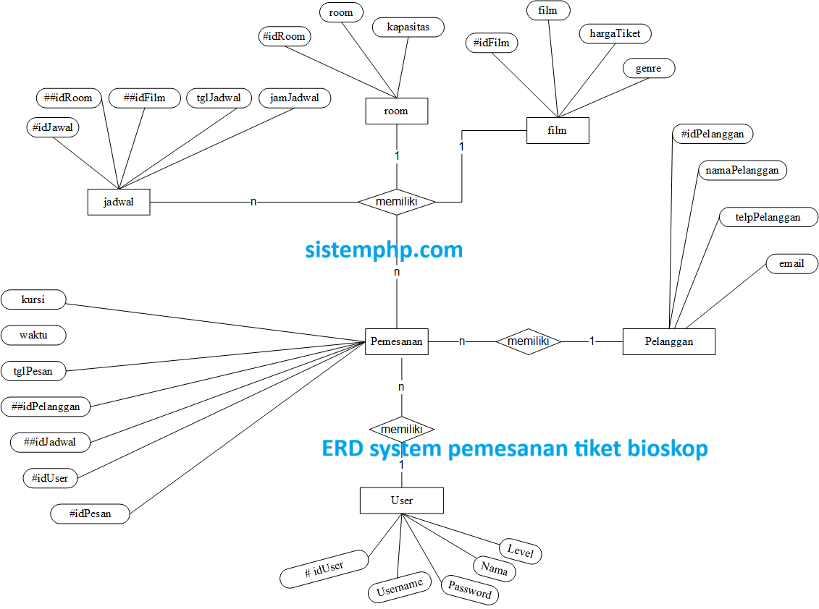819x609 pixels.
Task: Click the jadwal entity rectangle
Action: coord(119,203)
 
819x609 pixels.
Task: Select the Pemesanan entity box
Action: coord(396,341)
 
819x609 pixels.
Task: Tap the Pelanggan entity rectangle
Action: coord(668,341)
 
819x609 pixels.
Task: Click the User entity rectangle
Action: coord(401,501)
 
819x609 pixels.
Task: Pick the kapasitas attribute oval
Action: coord(408,27)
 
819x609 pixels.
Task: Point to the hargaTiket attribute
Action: coord(615,33)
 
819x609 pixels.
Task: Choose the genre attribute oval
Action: coord(648,69)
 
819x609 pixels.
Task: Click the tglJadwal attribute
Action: coord(219,98)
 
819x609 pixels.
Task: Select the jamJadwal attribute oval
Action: coord(294,98)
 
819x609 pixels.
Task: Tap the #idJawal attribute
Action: coord(53,127)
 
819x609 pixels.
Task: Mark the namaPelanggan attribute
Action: coord(742,170)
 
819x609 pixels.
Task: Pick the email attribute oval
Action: coord(791,264)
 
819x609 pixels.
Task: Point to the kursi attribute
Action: coord(33,299)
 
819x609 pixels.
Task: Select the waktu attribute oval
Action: coord(33,335)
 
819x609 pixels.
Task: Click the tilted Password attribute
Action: coord(470,589)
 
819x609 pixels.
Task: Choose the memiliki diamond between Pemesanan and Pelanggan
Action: coord(529,341)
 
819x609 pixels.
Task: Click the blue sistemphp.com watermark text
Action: coord(383,250)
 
